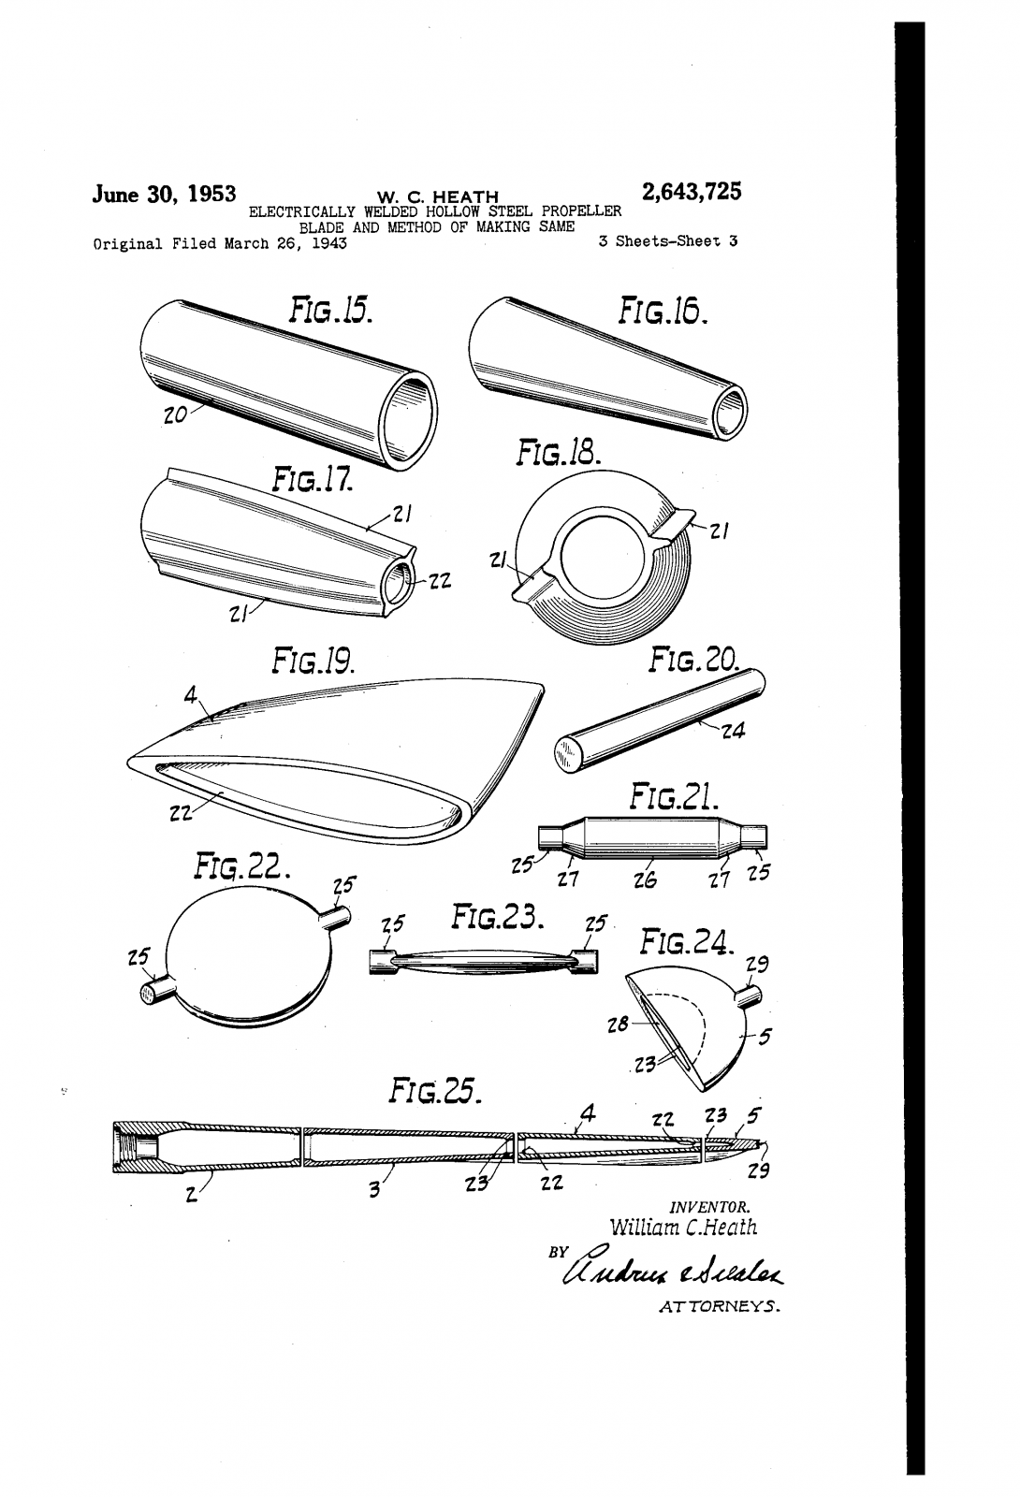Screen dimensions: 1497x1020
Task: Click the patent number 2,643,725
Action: tap(692, 192)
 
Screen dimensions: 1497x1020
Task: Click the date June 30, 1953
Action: tap(163, 195)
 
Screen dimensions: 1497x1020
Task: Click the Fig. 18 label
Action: tap(558, 455)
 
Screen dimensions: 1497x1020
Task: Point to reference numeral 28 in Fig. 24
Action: tap(617, 1024)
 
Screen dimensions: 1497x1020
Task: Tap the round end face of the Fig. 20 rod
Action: tap(567, 753)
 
